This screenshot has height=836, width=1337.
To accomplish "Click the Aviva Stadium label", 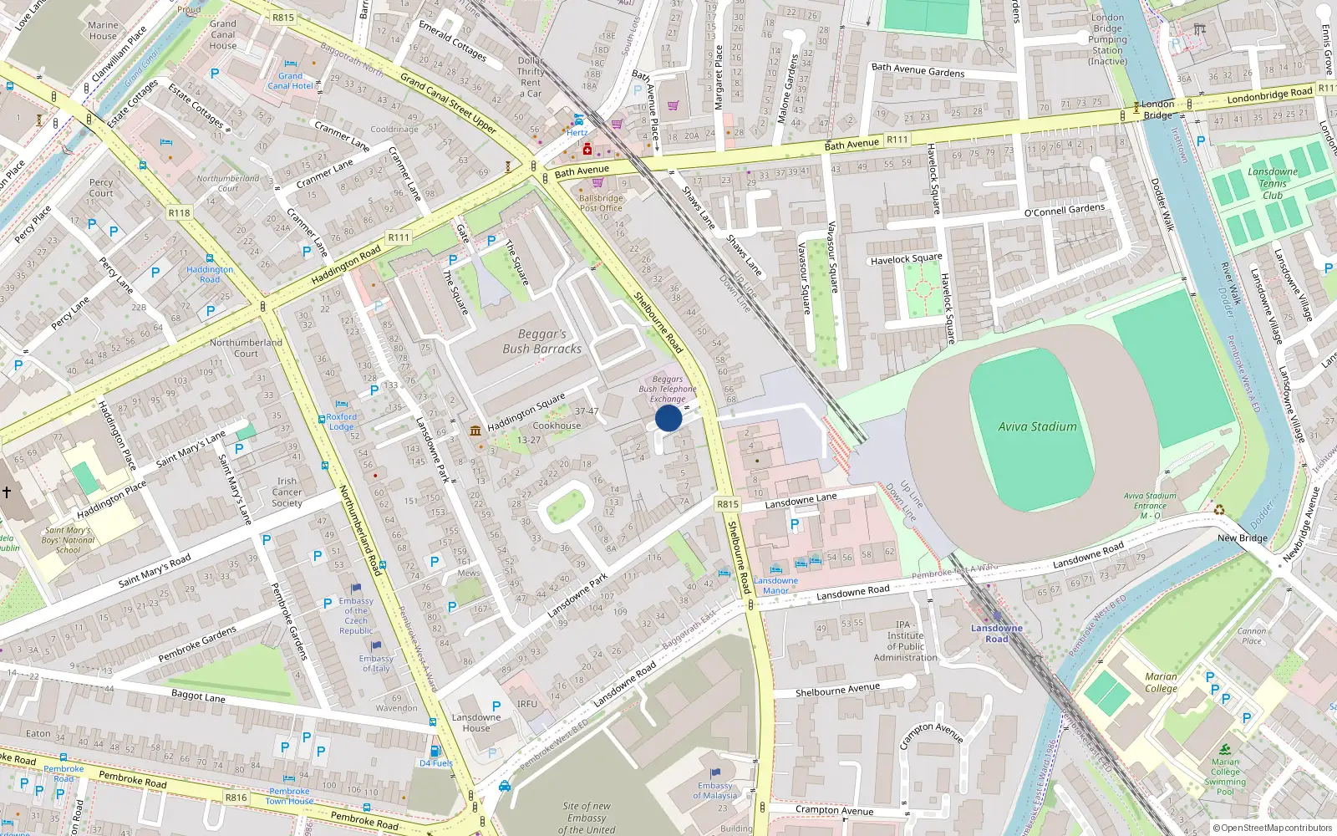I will pos(1037,426).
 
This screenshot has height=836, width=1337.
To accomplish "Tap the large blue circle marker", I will pos(668,418).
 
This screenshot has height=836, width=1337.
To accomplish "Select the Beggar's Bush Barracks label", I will pos(541,341).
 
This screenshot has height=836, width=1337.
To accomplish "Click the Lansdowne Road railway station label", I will pos(996,634).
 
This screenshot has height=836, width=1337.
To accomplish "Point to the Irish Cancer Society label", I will pos(287,492).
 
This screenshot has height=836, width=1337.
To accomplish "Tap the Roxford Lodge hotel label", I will pos(341,421).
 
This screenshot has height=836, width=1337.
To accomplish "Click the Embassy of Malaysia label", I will pos(714,790).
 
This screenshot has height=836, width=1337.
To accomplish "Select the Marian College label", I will pos(1161,682).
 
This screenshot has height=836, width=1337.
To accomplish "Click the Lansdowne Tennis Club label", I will pos(1272,183).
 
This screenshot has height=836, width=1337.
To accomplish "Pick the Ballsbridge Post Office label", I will pos(601,203).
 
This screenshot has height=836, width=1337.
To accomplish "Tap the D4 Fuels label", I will pos(436,763).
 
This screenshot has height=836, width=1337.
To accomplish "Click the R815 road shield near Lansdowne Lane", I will pos(727,504).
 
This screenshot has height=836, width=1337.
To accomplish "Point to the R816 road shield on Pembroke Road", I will pos(236,798).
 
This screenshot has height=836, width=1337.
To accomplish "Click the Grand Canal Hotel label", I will pos(290,81).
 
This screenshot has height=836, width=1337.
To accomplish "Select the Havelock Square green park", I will pos(923,290).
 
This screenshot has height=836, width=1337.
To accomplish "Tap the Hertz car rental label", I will pos(577,132).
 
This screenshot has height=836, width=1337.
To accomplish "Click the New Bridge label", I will pos(1242,538).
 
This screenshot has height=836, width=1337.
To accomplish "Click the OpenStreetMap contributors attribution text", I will pos(1272,828).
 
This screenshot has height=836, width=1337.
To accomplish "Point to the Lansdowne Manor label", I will pos(775,585).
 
